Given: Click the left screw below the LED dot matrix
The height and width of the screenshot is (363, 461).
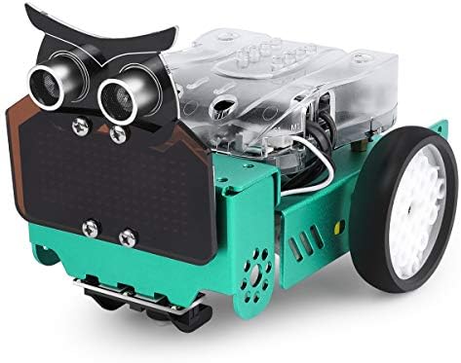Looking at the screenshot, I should click(91, 229).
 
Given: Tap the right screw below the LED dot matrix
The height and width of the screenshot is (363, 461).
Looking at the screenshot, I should click(125, 236).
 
